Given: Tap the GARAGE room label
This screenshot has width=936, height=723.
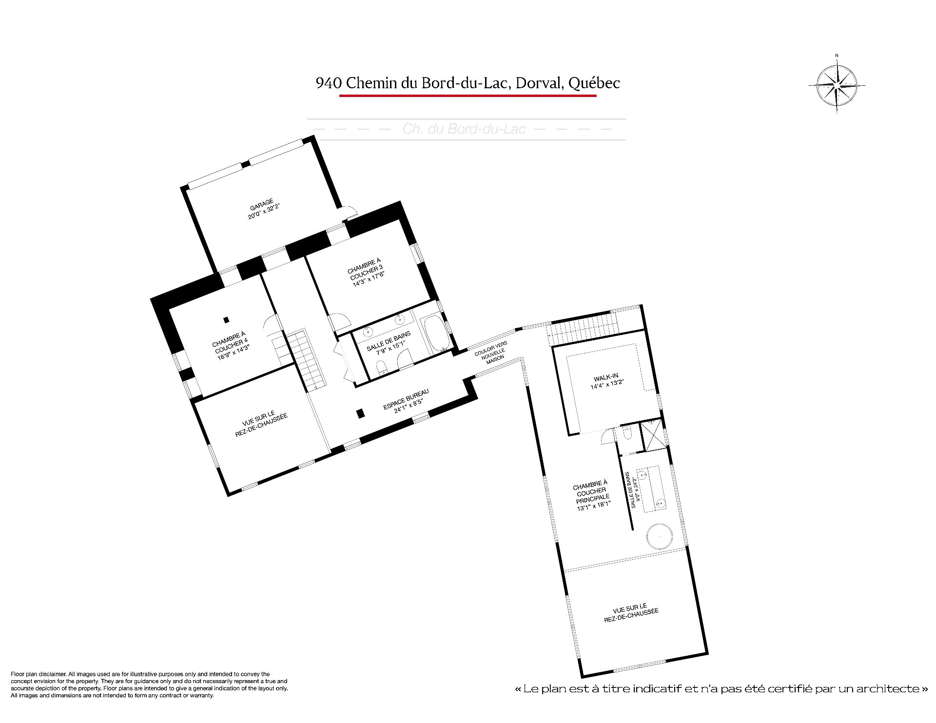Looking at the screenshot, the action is (263, 209).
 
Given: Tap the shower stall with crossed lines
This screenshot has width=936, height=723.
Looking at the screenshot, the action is (653, 435).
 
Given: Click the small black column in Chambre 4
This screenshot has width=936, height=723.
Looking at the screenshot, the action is (226, 320).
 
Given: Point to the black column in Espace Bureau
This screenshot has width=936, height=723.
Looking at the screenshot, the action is (360, 413).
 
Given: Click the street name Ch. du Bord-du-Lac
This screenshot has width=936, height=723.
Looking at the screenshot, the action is (464, 129).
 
